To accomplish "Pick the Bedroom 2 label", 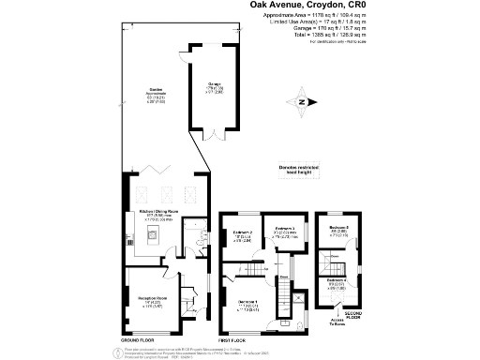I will [241, 233].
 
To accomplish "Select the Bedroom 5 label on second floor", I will [338, 229].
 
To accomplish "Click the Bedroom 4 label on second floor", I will [337, 283].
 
